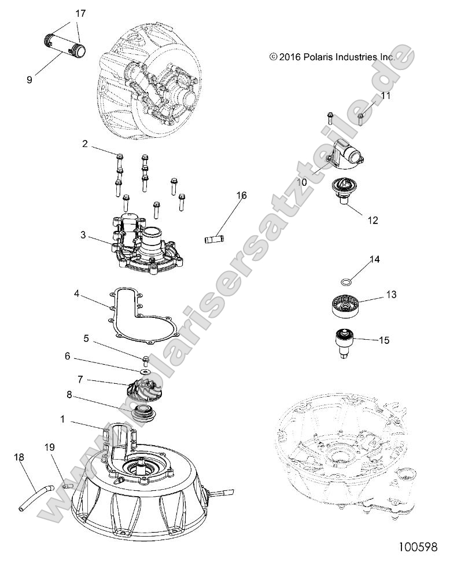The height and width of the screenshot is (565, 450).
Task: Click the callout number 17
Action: click(x=80, y=12)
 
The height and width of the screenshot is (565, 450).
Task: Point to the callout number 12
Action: click(x=372, y=221)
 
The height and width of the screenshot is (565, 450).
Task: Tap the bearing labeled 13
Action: click(x=345, y=304)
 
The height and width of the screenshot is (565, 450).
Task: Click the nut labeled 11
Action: click(x=360, y=119)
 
